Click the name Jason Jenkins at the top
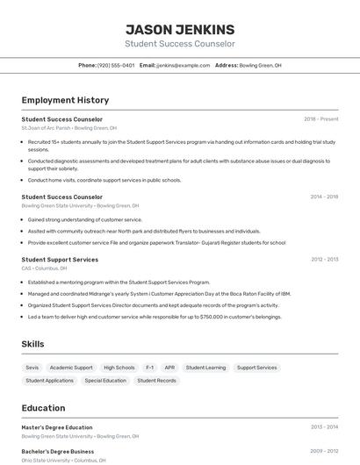click(x=179, y=29)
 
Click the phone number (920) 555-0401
click(x=116, y=65)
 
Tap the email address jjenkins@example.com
click(x=183, y=65)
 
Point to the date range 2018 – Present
click(x=321, y=119)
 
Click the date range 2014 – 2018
click(x=324, y=197)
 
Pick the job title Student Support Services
click(x=60, y=260)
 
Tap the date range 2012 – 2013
click(x=324, y=260)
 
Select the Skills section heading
click(x=33, y=345)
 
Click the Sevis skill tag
click(x=32, y=368)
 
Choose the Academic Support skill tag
click(x=71, y=368)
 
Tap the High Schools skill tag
click(x=119, y=368)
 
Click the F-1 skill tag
click(x=149, y=368)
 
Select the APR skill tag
click(x=169, y=368)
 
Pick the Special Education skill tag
click(x=105, y=381)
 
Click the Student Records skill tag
click(x=157, y=381)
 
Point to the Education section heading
click(x=43, y=408)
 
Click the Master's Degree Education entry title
click(x=57, y=427)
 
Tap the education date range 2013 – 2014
click(x=324, y=427)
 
